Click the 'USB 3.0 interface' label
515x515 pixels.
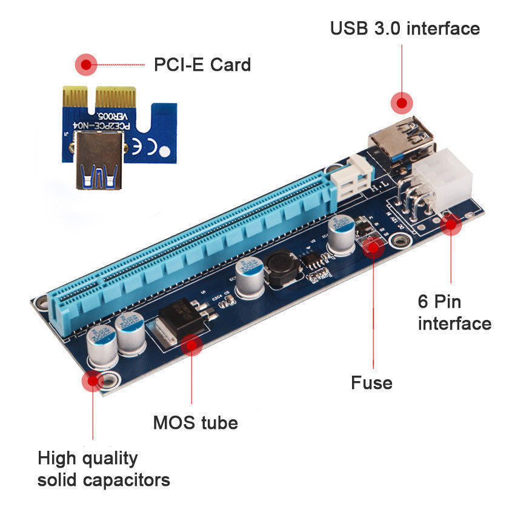[404, 28]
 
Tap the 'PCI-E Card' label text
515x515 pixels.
[202, 64]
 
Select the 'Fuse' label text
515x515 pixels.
[371, 383]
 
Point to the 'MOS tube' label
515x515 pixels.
[195, 422]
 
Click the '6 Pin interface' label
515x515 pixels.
[454, 312]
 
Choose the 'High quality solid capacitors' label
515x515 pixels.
[104, 469]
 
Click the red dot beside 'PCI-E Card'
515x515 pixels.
[85, 64]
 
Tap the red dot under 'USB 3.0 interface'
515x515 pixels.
[401, 102]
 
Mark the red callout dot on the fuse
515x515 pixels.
[373, 246]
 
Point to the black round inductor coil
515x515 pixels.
[281, 269]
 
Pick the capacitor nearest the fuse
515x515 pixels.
[341, 234]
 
